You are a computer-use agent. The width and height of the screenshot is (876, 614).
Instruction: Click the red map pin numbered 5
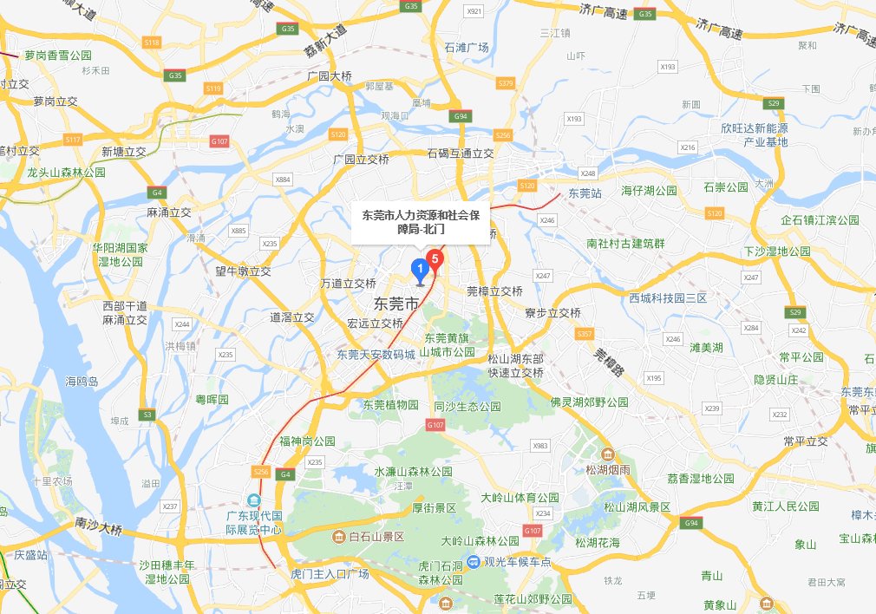(435, 258)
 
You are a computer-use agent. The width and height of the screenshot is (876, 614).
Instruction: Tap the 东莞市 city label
(396, 304)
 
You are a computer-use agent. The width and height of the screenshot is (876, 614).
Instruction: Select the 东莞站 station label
(585, 193)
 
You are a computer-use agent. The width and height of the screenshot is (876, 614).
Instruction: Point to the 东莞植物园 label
(390, 404)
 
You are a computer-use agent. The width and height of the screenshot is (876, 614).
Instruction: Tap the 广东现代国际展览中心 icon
(254, 500)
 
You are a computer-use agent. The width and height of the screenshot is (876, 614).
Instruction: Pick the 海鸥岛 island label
(82, 381)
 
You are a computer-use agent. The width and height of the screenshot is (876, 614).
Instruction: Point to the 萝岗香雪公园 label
(58, 55)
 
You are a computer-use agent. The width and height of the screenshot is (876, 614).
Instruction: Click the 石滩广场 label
(466, 47)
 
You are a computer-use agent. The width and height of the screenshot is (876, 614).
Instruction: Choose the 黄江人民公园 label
(786, 506)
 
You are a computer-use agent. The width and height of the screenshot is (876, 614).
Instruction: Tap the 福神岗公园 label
(307, 441)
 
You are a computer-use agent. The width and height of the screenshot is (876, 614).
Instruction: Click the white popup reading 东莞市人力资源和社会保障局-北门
(421, 221)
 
